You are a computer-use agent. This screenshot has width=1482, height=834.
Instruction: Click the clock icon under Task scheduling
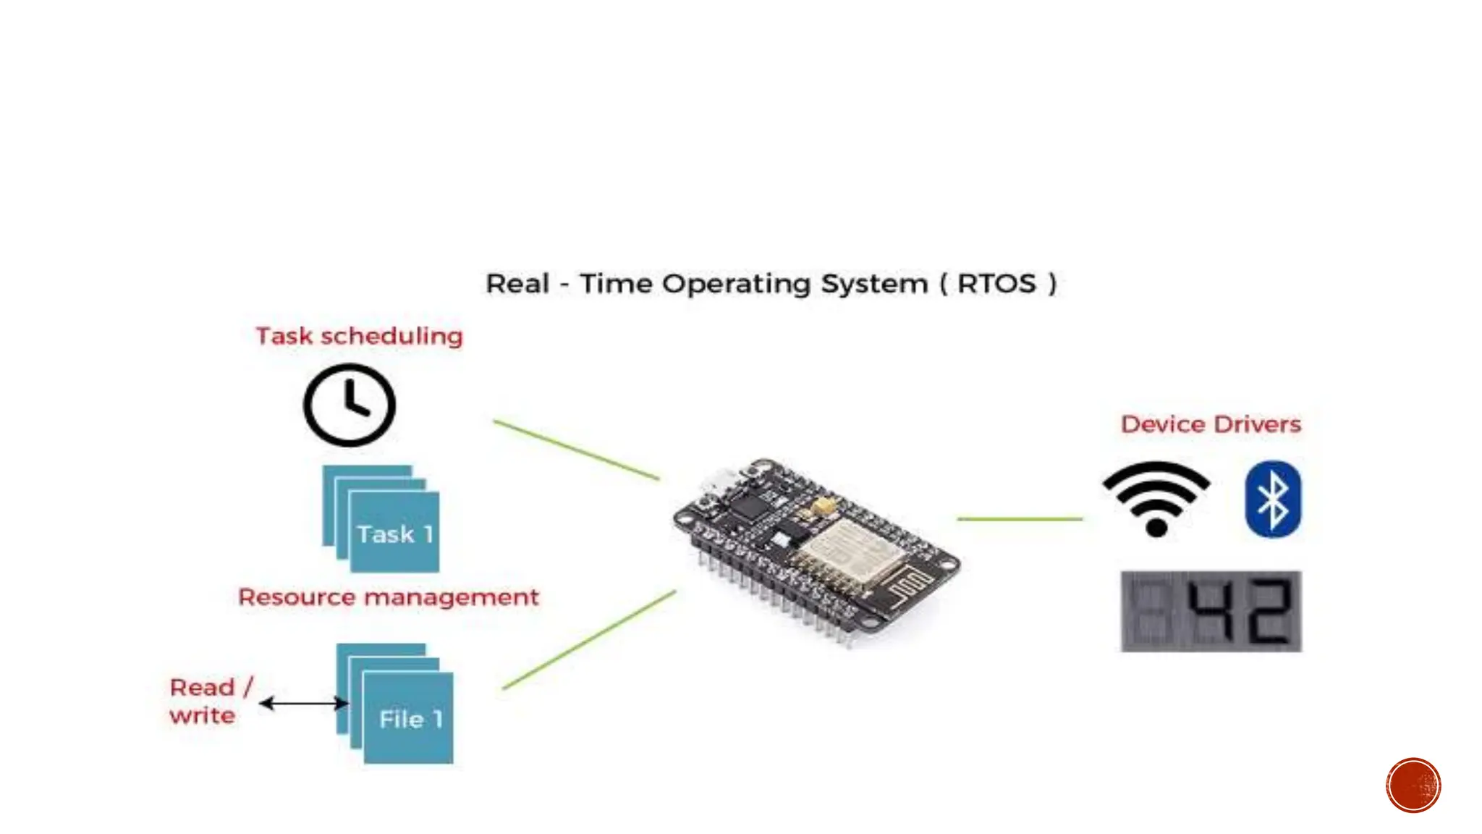point(350,405)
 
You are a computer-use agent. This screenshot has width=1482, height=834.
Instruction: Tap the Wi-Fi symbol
point(1156,498)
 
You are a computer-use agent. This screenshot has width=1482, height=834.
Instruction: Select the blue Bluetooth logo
point(1273,500)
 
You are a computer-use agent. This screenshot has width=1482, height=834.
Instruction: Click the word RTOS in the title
point(996,284)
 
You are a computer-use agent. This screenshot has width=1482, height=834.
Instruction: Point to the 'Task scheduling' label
point(359,336)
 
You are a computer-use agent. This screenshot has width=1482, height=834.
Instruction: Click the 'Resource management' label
point(389,597)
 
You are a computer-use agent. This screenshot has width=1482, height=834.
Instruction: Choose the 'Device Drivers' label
point(1211,424)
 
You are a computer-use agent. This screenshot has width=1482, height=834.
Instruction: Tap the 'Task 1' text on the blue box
point(395,534)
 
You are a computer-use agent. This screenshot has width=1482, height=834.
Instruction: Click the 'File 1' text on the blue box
point(410,719)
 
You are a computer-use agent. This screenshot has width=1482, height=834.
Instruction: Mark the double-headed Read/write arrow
point(303,703)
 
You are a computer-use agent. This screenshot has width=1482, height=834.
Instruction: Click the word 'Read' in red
point(203,687)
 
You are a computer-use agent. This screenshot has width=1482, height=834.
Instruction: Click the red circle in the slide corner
point(1413,785)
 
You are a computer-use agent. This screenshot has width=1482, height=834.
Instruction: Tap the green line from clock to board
point(576,450)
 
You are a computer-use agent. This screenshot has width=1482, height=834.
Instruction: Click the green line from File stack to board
point(589,640)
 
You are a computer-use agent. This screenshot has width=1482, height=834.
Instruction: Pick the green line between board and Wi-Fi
point(1020,518)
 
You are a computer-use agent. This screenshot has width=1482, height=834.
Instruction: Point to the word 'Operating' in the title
point(736,284)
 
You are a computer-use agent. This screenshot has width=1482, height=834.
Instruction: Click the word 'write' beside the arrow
point(203,716)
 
